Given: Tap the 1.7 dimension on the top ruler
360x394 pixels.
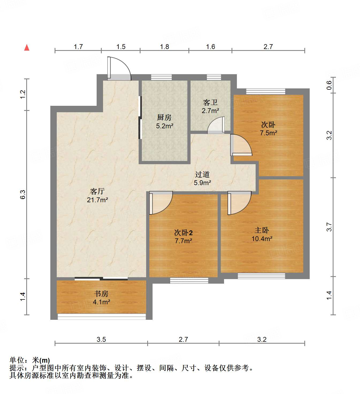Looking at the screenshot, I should [x=78, y=47].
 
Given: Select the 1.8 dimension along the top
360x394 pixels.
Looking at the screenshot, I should [x=164, y=47].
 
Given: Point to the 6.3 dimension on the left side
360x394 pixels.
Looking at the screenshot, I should [x=23, y=194].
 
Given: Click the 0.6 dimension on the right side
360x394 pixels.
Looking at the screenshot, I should [x=329, y=85].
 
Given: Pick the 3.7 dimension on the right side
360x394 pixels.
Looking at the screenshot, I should [x=329, y=227].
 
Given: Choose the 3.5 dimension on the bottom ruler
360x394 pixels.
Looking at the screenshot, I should [x=101, y=339].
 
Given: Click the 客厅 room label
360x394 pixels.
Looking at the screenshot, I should [x=97, y=191].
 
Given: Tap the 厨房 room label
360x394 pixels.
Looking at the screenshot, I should [x=164, y=117].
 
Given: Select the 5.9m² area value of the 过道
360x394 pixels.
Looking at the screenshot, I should [x=202, y=183].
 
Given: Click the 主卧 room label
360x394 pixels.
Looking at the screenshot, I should [x=262, y=230].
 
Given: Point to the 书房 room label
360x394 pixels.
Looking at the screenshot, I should [x=101, y=294].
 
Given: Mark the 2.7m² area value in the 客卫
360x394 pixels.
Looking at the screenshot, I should [x=210, y=111].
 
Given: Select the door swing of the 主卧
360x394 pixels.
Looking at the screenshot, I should [x=239, y=202].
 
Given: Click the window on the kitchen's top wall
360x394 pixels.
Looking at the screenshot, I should [x=161, y=77].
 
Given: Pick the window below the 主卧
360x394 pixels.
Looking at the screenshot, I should [x=261, y=276].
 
